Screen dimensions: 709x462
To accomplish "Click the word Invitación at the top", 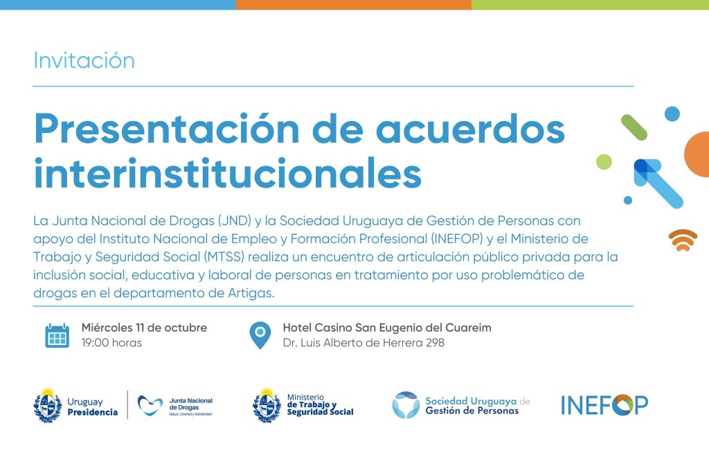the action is coord(84,61).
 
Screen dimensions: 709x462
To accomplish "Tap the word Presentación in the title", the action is coord(166,130).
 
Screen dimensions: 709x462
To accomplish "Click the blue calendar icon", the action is coord(57,335).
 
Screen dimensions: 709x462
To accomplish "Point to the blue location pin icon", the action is coord(260,335).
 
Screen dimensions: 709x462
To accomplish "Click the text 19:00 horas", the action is coord(111,343).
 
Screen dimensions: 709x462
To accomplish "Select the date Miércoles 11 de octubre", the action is coord(144,328).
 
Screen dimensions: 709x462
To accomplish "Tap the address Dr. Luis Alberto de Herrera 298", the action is coord(364,343).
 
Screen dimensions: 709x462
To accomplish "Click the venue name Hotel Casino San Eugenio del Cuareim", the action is coord(387,328).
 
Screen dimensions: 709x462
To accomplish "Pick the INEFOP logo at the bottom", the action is coord(604,405).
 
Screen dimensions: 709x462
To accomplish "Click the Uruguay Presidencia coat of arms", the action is coord(48,405).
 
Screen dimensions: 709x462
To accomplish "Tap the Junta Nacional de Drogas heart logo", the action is coord(150,405).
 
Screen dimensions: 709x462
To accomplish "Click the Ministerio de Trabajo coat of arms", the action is coord(267,405).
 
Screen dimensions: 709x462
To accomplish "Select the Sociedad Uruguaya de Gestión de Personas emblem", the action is coord(406,405).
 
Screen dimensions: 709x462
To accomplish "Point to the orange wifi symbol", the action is coord(683,240).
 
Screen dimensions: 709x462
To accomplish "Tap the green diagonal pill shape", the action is coord(634,127).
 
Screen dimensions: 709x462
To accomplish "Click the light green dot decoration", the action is coord(604,161).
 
